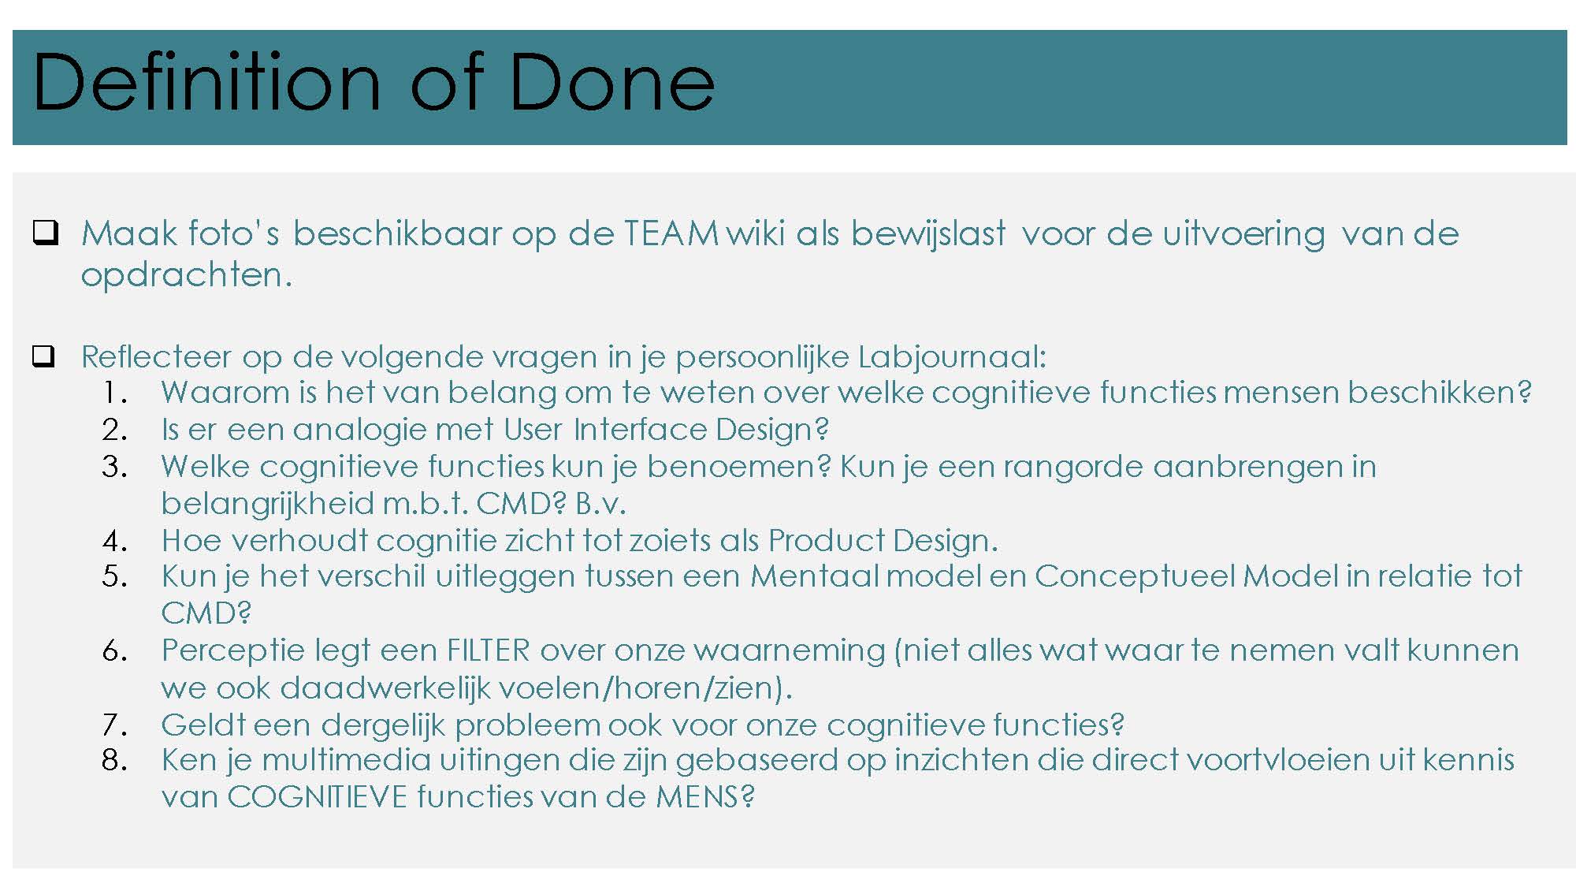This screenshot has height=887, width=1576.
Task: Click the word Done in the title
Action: [x=612, y=82]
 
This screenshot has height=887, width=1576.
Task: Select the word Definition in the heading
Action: [x=207, y=82]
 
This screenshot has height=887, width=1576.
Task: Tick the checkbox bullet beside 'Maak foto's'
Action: [x=45, y=233]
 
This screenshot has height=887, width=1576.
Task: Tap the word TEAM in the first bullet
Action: [x=671, y=233]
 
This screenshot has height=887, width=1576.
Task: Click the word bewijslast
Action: [x=928, y=234]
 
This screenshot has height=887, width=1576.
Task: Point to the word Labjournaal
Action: [x=952, y=357]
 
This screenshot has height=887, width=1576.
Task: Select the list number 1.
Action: [x=114, y=393]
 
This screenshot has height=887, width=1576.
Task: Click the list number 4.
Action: [x=115, y=541]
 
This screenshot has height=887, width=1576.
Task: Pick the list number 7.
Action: [x=115, y=725]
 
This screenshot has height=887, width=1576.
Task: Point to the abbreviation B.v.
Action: [x=600, y=504]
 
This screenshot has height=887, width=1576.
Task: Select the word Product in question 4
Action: [x=827, y=541]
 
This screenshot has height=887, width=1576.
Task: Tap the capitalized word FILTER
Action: [x=489, y=651]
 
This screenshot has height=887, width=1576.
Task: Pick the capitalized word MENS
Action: [x=697, y=797]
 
